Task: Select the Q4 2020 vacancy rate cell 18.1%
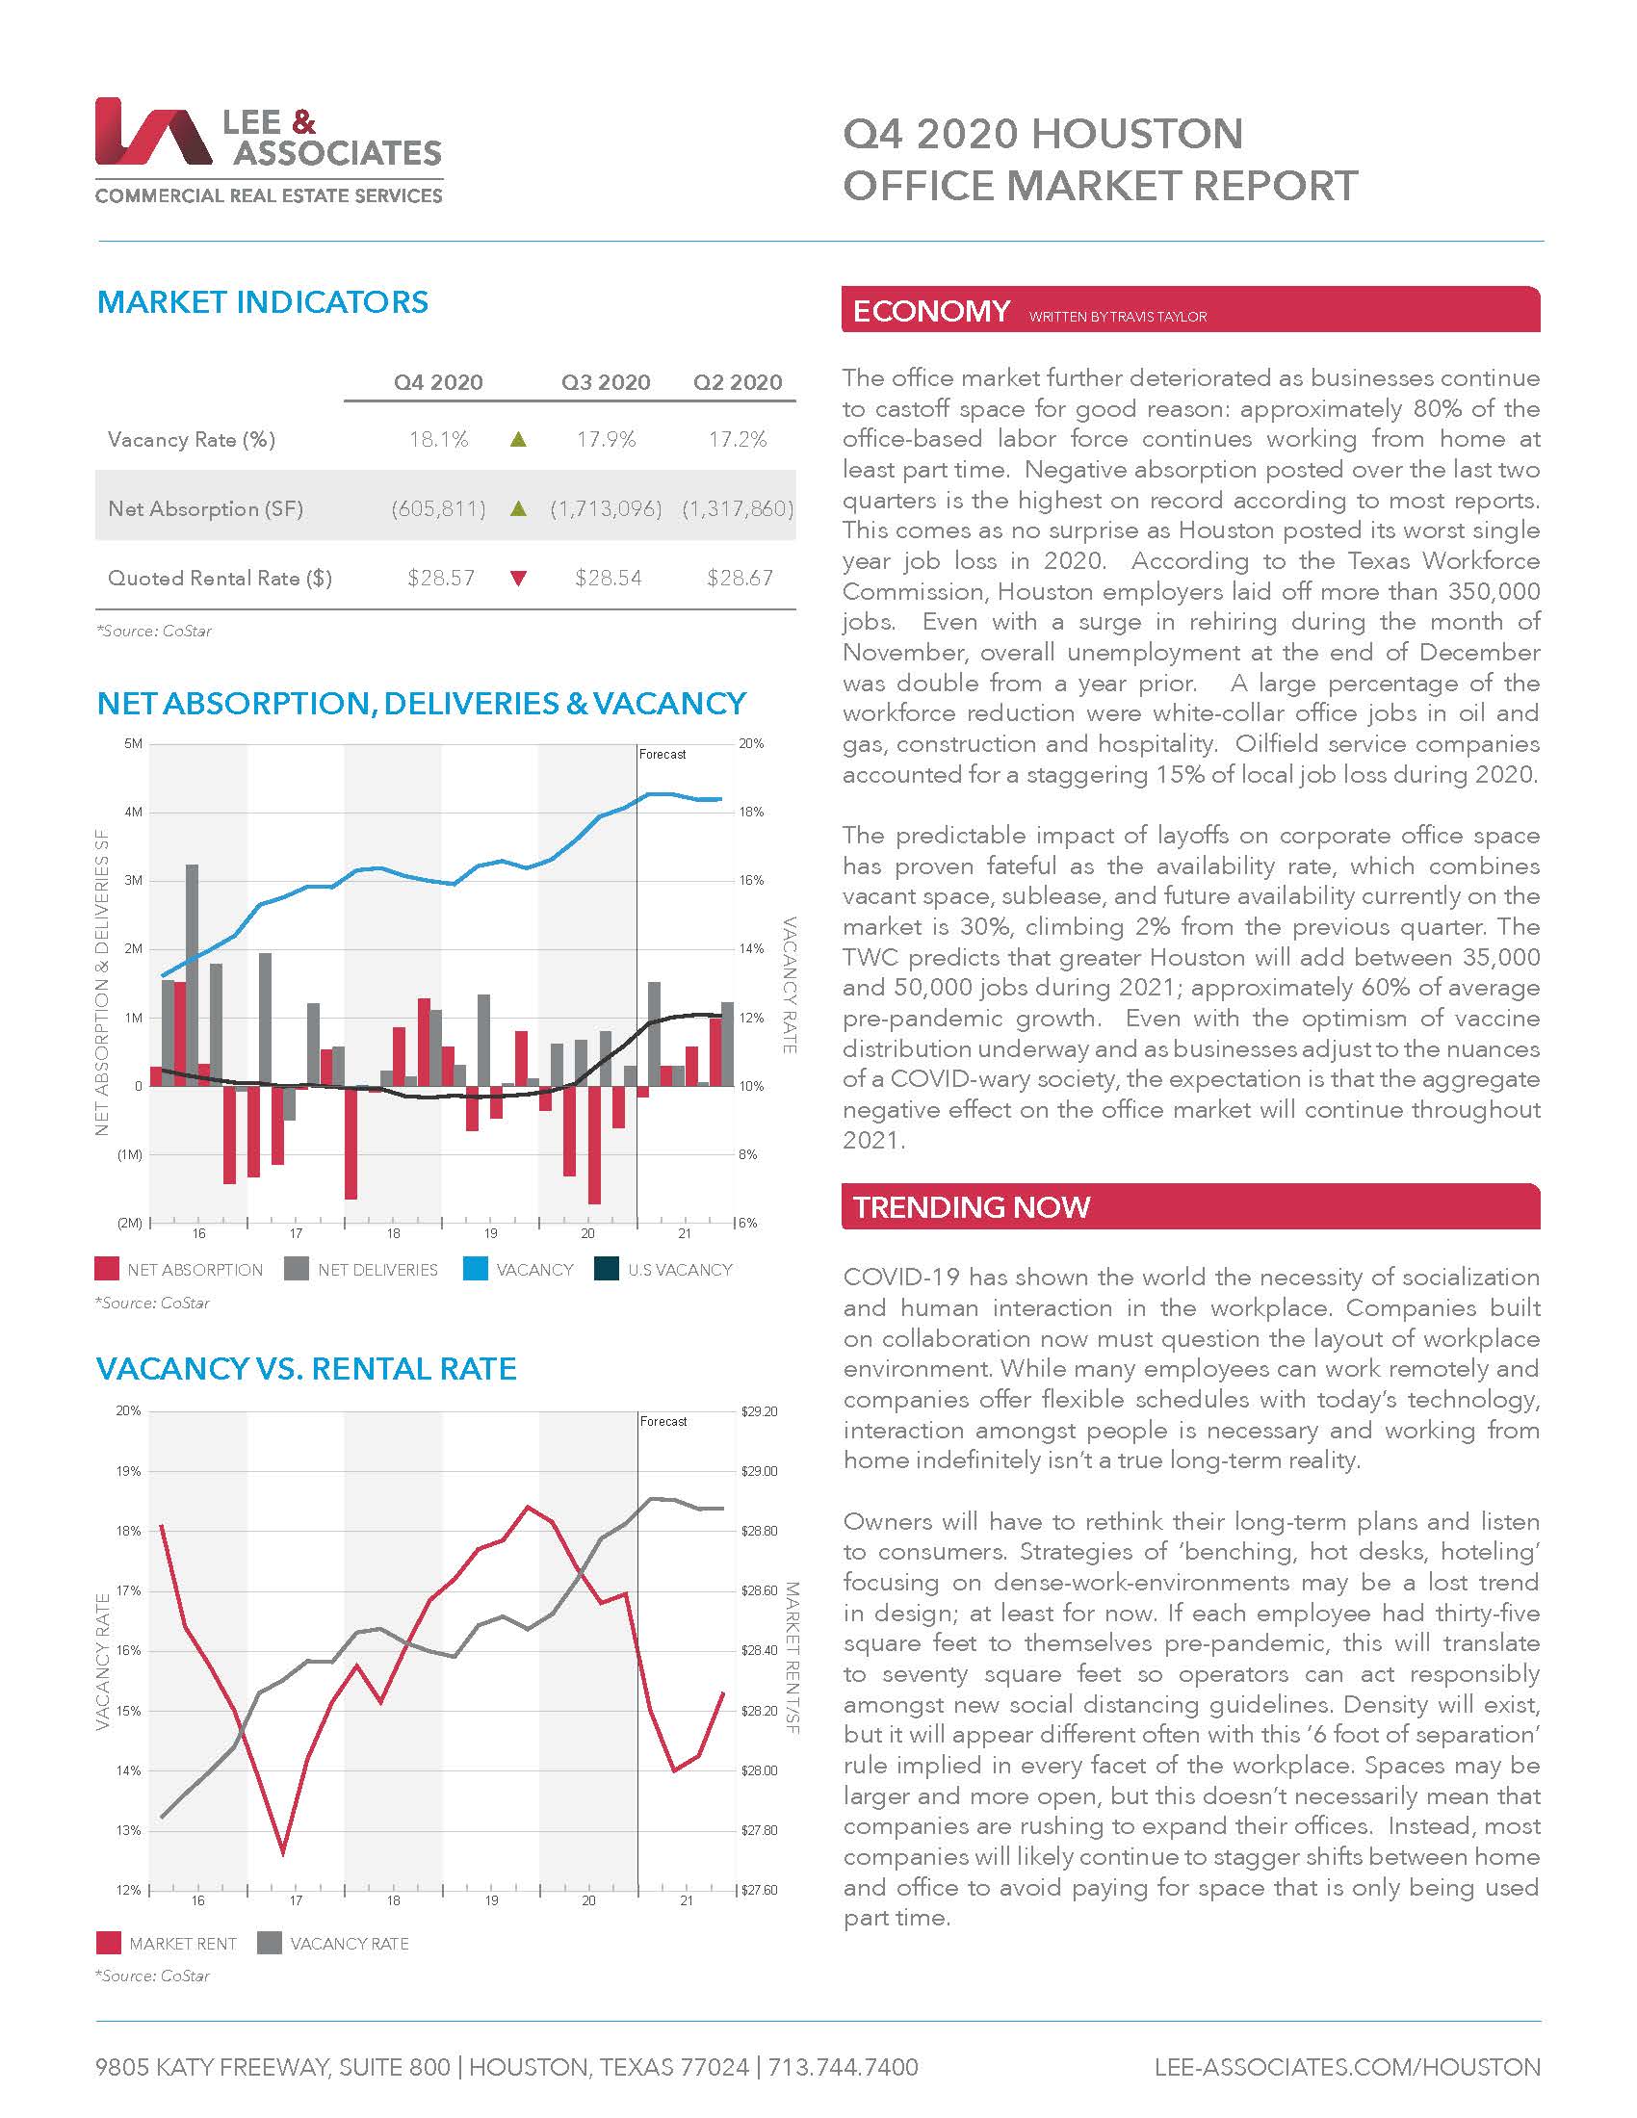[x=438, y=439]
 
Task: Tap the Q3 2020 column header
[x=605, y=382]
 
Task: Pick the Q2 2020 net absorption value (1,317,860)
[x=737, y=508]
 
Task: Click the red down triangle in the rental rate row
[x=519, y=579]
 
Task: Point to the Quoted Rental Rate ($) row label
[x=221, y=578]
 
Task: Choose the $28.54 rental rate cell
[x=608, y=578]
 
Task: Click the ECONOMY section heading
[x=931, y=311]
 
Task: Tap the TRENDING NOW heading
[x=972, y=1206]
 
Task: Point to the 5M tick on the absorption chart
[x=133, y=744]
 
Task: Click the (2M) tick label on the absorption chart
[x=130, y=1223]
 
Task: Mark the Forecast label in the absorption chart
[x=663, y=754]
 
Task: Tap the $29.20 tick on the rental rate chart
[x=760, y=1411]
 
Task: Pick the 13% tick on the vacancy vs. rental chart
[x=128, y=1830]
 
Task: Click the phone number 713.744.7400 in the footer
[x=843, y=2067]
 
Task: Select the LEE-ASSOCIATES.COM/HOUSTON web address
[x=1347, y=2067]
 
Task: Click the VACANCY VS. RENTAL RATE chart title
[x=306, y=1368]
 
